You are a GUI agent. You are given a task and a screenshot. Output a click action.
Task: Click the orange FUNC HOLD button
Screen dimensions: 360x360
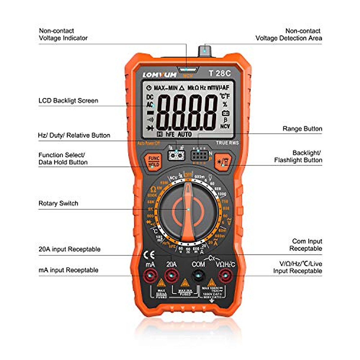click(x=154, y=161)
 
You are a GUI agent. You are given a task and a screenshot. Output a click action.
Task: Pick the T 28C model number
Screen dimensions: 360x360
click(x=220, y=73)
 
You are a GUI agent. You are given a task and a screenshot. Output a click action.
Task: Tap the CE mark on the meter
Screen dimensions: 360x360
click(x=149, y=255)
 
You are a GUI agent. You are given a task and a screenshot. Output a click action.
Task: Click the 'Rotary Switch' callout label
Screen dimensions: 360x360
click(x=58, y=203)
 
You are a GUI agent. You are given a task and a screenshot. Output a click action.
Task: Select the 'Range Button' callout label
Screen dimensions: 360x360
click(x=302, y=129)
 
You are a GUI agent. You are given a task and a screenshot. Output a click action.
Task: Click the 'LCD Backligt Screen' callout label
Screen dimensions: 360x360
click(x=68, y=101)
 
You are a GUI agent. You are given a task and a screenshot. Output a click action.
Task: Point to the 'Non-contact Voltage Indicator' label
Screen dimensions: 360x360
click(x=63, y=34)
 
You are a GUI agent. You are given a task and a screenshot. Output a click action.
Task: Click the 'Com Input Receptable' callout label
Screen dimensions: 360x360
click(x=306, y=245)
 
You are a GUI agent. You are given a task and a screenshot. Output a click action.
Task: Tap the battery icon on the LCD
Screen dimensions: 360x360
click(x=225, y=113)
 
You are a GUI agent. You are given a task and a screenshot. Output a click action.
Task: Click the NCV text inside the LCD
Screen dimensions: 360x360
click(x=225, y=126)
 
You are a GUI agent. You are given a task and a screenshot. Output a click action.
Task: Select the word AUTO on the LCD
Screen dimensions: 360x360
click(x=184, y=134)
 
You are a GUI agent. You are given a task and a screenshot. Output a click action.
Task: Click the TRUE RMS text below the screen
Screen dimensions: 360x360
click(x=227, y=143)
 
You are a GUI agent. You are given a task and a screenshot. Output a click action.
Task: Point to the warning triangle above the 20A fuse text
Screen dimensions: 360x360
click(x=185, y=283)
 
